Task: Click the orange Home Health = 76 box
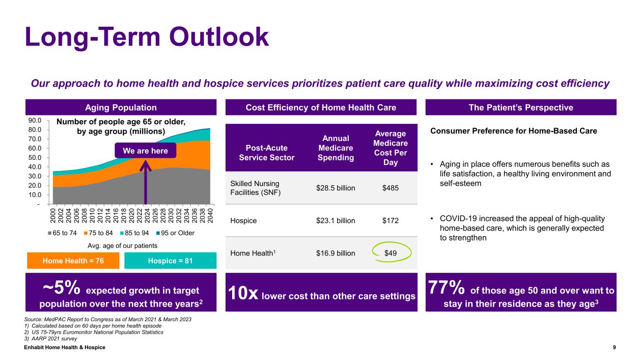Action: (74, 261)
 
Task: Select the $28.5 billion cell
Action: (336, 188)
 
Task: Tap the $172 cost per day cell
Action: (391, 220)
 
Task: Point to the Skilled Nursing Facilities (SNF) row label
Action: (255, 188)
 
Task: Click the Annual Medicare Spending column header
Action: (336, 148)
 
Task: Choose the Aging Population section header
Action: (121, 107)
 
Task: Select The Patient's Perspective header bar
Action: (520, 107)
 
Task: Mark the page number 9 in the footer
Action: (614, 347)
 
